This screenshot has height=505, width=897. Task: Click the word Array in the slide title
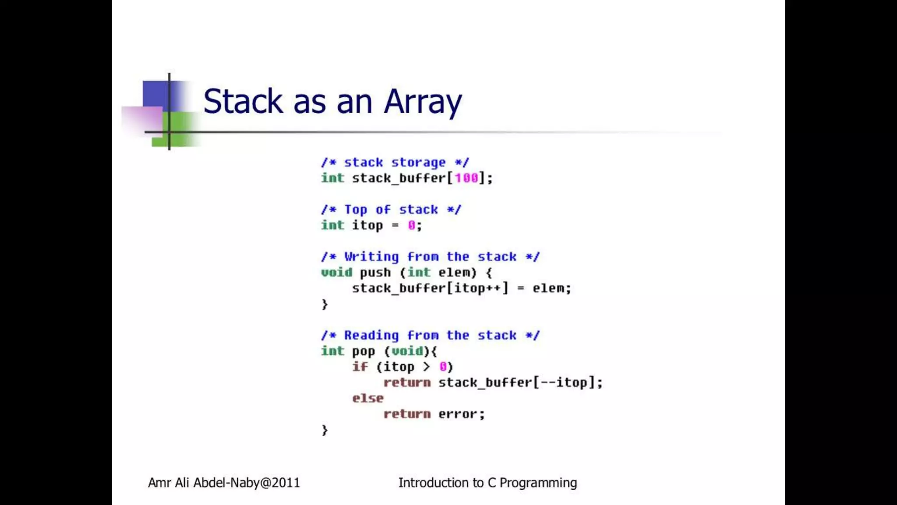[x=423, y=102]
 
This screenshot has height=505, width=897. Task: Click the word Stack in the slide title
[x=243, y=102]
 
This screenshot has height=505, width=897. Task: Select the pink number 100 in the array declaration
[x=466, y=178]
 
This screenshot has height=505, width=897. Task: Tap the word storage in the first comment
[x=418, y=163]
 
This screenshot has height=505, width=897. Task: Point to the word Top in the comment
[x=356, y=210]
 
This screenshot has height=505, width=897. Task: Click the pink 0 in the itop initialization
[x=411, y=225]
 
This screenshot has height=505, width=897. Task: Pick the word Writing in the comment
[x=371, y=257]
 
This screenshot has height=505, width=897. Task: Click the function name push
[x=375, y=273]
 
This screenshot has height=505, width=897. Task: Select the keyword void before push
[x=336, y=273]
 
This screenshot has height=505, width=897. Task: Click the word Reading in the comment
[x=371, y=335]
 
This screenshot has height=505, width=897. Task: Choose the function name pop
[x=364, y=351]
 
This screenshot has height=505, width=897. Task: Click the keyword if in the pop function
[x=360, y=366]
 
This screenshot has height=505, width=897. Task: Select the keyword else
[x=367, y=398]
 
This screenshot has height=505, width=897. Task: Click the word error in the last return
[x=458, y=414]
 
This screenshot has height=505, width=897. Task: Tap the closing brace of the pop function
[x=325, y=430]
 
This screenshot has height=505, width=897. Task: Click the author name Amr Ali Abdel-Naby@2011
[x=224, y=483]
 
